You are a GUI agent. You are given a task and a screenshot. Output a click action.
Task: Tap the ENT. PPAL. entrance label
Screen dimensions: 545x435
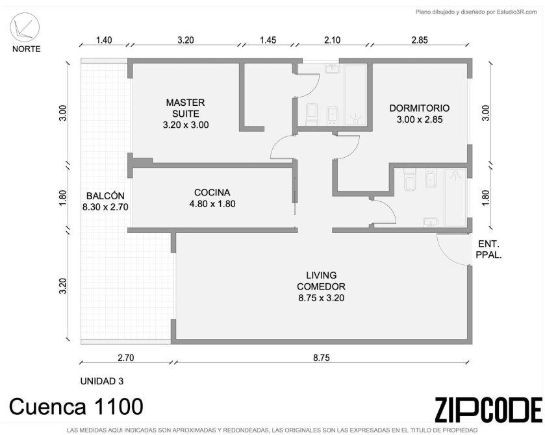point(488,249)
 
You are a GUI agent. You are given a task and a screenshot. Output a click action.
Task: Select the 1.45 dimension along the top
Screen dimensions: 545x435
point(268,40)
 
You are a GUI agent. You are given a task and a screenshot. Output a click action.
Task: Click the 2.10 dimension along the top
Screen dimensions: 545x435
point(333,40)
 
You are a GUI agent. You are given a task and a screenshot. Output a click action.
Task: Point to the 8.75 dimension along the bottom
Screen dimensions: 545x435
point(321,358)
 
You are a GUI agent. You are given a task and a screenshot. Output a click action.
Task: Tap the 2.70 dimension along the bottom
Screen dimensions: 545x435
point(126,358)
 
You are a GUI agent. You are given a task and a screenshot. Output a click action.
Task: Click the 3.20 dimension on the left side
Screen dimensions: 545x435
point(63,286)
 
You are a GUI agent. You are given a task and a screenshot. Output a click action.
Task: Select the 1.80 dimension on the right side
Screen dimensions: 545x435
point(486,197)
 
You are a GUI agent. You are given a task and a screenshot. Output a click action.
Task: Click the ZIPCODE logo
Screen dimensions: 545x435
point(488,410)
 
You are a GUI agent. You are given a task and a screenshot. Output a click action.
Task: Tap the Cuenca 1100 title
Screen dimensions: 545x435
point(76,406)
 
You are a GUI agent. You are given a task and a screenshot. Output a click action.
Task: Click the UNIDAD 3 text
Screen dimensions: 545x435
point(102,381)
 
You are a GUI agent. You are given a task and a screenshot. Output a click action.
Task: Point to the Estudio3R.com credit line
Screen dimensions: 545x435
point(476,12)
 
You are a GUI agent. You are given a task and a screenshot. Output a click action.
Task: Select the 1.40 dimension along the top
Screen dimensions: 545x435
point(104,40)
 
